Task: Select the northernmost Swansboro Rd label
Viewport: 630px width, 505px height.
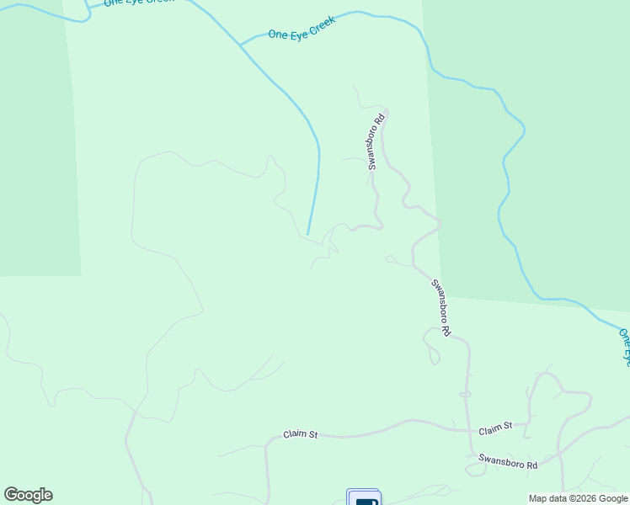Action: pos(376,141)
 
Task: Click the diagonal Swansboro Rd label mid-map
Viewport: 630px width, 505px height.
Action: pos(442,307)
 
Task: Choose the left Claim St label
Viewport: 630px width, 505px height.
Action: pos(300,434)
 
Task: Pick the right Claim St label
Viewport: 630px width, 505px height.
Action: pos(495,428)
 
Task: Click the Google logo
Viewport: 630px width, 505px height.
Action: pos(28,495)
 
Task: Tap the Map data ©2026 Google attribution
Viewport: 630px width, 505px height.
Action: pos(578,498)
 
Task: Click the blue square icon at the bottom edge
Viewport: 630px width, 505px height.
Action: pos(364,498)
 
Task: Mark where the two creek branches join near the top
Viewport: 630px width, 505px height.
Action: pos(240,45)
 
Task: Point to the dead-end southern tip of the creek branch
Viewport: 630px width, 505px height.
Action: pos(308,234)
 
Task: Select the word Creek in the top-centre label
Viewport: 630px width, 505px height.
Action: pos(321,23)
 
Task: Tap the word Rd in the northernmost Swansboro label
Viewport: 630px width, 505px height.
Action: pos(380,120)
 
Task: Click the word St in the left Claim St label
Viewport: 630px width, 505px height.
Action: pos(312,435)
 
